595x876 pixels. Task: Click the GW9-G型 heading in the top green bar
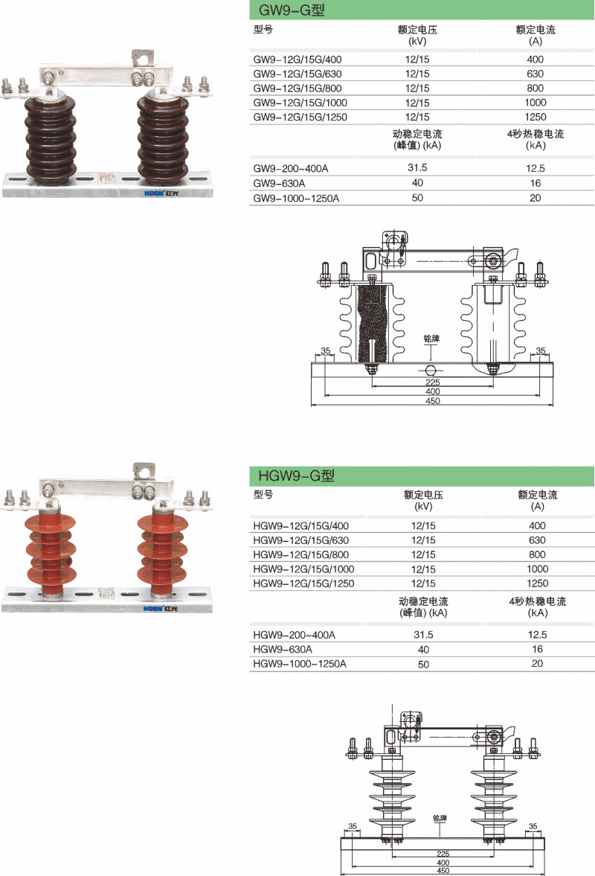pyautogui.click(x=292, y=10)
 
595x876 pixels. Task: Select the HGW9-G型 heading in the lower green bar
pyautogui.click(x=296, y=476)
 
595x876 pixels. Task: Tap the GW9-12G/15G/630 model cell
pyautogui.click(x=297, y=74)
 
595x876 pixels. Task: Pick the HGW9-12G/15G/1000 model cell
pyautogui.click(x=303, y=569)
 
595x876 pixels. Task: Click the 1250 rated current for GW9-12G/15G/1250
pyautogui.click(x=535, y=117)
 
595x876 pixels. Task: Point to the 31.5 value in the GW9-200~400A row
pyautogui.click(x=417, y=167)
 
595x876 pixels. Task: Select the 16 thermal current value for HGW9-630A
pyautogui.click(x=538, y=648)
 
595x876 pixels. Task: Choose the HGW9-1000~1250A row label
pyautogui.click(x=300, y=663)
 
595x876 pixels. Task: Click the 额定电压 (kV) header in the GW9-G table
pyautogui.click(x=417, y=35)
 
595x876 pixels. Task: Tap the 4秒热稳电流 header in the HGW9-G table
pyautogui.click(x=538, y=601)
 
